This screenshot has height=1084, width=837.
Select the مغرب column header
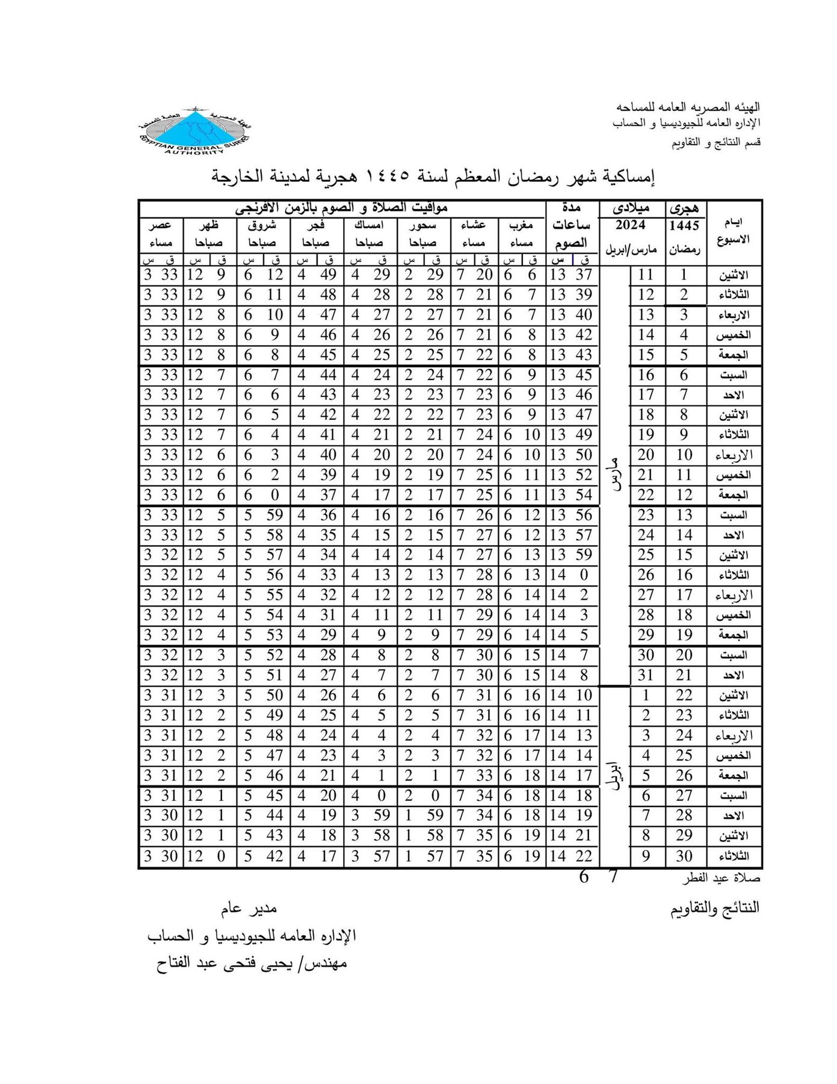pyautogui.click(x=521, y=226)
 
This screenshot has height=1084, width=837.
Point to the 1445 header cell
pyautogui.click(x=684, y=225)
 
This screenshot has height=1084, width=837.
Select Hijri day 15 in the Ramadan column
pyautogui.click(x=684, y=555)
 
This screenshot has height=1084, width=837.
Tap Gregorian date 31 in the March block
pyautogui.click(x=646, y=675)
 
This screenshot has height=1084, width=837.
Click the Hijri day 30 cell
pyautogui.click(x=684, y=855)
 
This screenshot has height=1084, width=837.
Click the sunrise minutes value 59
pyautogui.click(x=274, y=515)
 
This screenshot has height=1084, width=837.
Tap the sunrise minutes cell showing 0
pyautogui.click(x=274, y=495)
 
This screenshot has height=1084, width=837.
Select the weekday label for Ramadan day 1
pyautogui.click(x=734, y=276)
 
